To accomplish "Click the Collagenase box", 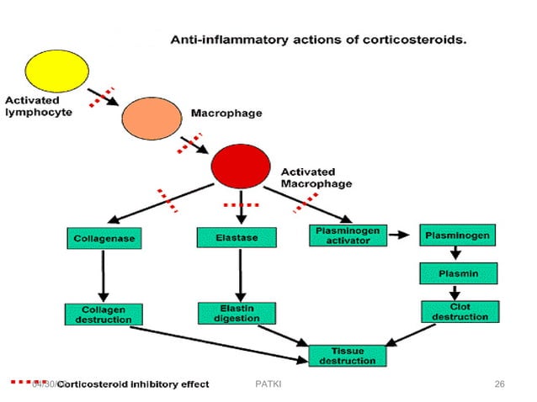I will pos(103,239).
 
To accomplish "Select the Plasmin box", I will pos(458,274).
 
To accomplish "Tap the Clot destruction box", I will pos(458,312).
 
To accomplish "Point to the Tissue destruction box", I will pos(348,356).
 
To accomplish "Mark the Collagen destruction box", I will pos(103,315).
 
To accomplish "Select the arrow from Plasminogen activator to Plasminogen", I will pos(403,236).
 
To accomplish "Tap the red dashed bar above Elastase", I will pos(240,205).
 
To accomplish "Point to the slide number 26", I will pos(499,384).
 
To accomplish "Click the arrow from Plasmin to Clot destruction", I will pos(456,294).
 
